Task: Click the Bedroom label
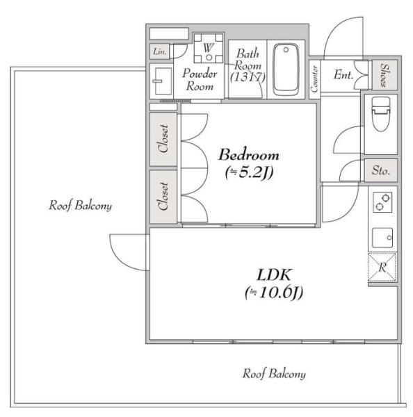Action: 249,155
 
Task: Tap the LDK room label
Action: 274,275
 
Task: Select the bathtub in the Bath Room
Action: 286,69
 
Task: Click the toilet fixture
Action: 381,114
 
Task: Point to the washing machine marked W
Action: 209,49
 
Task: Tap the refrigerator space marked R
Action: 382,268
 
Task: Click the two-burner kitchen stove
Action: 382,202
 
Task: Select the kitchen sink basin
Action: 382,238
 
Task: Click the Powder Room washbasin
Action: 162,81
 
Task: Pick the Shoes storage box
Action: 384,75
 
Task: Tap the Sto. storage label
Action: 381,170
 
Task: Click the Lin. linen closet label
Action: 160,51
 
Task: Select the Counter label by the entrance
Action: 314,79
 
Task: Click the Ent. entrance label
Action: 343,75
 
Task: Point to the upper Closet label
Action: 163,138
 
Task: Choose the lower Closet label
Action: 163,196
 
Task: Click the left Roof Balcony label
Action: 80,205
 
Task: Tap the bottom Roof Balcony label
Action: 274,374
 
